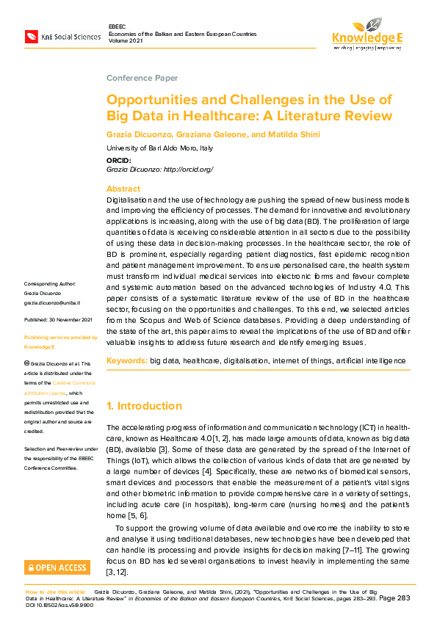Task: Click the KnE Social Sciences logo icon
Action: click(x=32, y=35)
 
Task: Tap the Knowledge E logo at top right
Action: click(x=366, y=32)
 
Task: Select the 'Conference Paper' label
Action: click(x=142, y=78)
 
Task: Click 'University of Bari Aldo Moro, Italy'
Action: click(x=159, y=148)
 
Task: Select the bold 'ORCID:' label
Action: click(x=119, y=160)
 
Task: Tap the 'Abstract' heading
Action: click(x=123, y=189)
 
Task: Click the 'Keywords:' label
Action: click(x=127, y=361)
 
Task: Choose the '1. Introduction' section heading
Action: click(x=144, y=406)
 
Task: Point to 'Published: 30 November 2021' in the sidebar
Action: click(x=58, y=320)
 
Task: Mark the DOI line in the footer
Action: click(x=58, y=606)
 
